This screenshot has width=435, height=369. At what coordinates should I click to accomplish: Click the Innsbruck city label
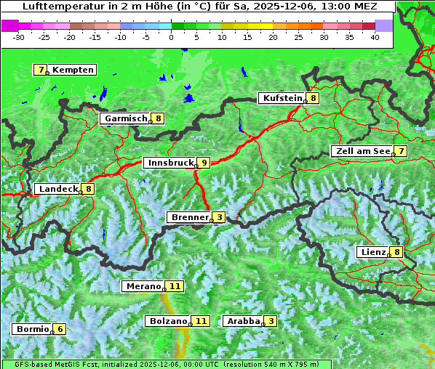tap(169, 163)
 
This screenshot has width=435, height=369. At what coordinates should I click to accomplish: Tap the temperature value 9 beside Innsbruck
tap(204, 163)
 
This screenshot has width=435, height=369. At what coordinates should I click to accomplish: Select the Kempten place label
tap(73, 70)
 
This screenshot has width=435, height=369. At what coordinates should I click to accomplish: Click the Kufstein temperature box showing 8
tap(313, 98)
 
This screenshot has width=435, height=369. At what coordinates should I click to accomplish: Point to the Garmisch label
tap(126, 118)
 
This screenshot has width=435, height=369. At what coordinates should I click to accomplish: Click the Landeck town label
tap(57, 189)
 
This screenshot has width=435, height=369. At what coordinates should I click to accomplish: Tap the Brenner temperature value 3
tap(219, 217)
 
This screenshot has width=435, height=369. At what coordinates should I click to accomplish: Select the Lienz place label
tap(372, 252)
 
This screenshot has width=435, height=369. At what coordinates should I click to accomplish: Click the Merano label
tap(143, 286)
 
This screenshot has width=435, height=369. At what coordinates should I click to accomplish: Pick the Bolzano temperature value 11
tap(201, 320)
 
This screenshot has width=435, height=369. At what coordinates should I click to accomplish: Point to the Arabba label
tap(244, 320)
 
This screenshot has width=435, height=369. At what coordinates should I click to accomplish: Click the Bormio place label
tap(33, 329)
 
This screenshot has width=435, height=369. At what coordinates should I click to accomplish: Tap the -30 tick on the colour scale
tap(19, 37)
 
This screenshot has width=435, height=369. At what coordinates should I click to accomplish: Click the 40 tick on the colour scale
tap(375, 37)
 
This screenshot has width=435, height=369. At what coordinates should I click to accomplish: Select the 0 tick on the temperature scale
tap(172, 37)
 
